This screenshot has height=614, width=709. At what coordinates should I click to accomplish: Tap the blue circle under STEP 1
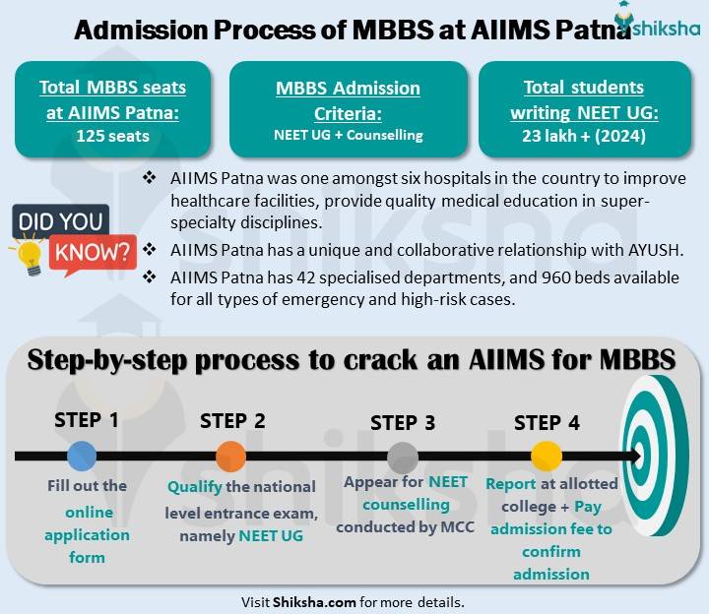pos(82,456)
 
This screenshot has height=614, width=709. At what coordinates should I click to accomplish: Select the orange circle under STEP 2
pos(230,457)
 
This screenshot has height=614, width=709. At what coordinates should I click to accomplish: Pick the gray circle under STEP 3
pos(402,457)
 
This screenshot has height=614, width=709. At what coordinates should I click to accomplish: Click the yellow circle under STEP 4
pos(546,457)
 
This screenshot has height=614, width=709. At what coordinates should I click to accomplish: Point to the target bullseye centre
pos(661,458)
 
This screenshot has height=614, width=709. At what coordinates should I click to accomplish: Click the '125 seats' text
pos(113,136)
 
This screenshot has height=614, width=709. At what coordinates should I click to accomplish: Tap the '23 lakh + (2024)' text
pos(584,136)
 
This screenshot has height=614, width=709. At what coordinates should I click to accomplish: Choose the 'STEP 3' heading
pos(402,423)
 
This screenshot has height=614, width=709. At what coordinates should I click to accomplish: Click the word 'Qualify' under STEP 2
pos(195,487)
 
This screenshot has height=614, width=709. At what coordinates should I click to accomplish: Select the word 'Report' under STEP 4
pos(511,484)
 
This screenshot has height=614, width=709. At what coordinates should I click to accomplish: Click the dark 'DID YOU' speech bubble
pos(59,221)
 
